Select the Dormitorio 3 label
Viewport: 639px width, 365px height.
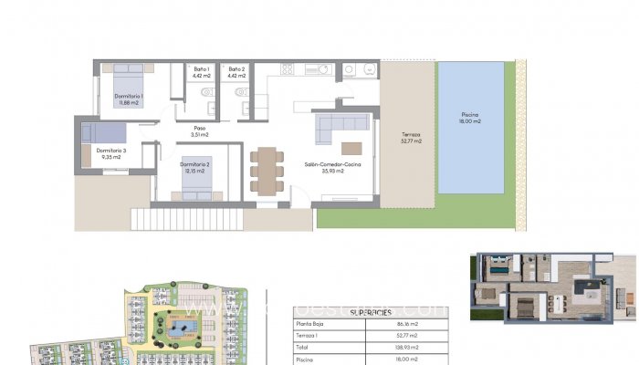(x=113, y=153)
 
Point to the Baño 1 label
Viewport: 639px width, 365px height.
(x=202, y=73)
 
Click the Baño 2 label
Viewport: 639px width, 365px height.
(x=237, y=73)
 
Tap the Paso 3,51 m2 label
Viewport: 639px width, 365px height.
(x=200, y=131)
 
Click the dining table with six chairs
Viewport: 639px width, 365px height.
(x=266, y=171)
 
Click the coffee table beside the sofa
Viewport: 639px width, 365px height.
(x=351, y=148)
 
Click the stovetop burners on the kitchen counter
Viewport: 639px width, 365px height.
(x=288, y=69)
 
